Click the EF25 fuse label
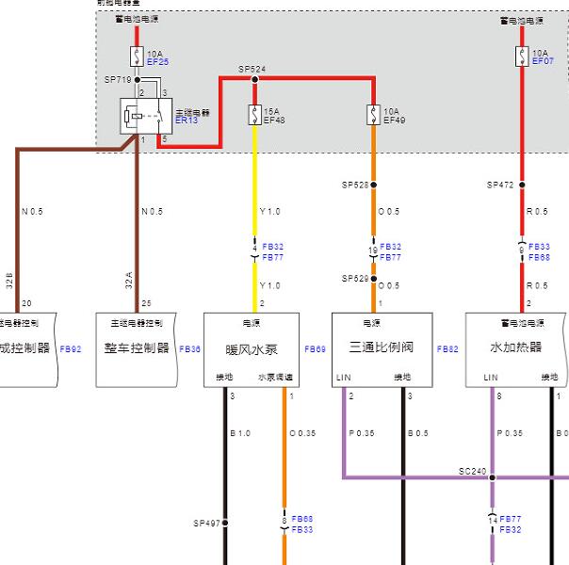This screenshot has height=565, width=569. [157, 62]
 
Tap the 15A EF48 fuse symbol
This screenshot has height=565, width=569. [254, 115]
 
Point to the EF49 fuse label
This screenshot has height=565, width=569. [394, 121]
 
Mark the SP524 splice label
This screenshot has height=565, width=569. [252, 69]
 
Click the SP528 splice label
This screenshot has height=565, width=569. [354, 185]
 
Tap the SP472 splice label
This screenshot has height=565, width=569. [500, 185]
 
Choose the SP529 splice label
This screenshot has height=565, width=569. [354, 279]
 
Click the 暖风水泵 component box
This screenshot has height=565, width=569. [252, 348]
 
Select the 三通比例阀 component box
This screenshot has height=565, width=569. [382, 348]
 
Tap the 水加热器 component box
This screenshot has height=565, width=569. [516, 348]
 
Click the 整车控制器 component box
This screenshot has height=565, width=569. [137, 348]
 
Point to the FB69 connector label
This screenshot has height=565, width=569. [315, 348]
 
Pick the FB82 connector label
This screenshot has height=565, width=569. [447, 348]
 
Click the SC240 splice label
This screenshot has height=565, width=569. [471, 471]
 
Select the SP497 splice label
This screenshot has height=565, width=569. [205, 522]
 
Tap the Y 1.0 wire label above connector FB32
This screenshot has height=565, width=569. [269, 211]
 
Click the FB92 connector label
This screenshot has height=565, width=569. [71, 348]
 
